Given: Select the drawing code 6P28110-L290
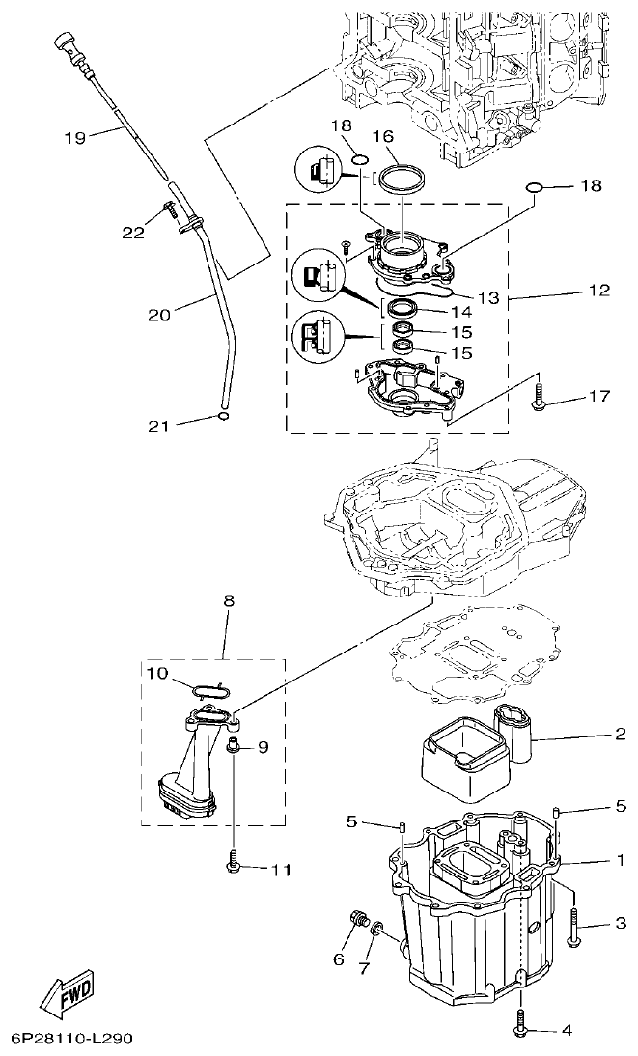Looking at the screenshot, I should click(72, 1040).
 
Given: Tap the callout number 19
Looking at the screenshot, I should click(75, 137).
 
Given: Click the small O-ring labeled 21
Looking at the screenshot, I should click(223, 417).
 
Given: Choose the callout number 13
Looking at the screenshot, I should click(489, 298).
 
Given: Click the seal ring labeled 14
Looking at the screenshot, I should click(403, 309).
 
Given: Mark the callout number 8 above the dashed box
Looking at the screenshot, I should click(229, 600).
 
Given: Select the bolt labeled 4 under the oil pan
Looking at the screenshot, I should click(522, 1022).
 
